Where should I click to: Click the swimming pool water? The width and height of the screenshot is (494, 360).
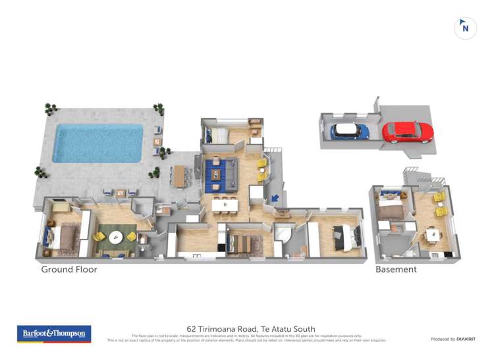[97, 142]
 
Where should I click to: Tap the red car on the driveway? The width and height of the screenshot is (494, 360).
[408, 132]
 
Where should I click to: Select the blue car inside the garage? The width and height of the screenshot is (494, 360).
[349, 131]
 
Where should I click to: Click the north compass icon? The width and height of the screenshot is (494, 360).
[466, 28]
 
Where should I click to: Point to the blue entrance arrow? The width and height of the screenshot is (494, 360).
[275, 196]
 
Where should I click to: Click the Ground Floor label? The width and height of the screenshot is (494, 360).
[69, 269]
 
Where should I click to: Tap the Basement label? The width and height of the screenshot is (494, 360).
[396, 269]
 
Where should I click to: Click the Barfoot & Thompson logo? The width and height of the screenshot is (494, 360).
[54, 334]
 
